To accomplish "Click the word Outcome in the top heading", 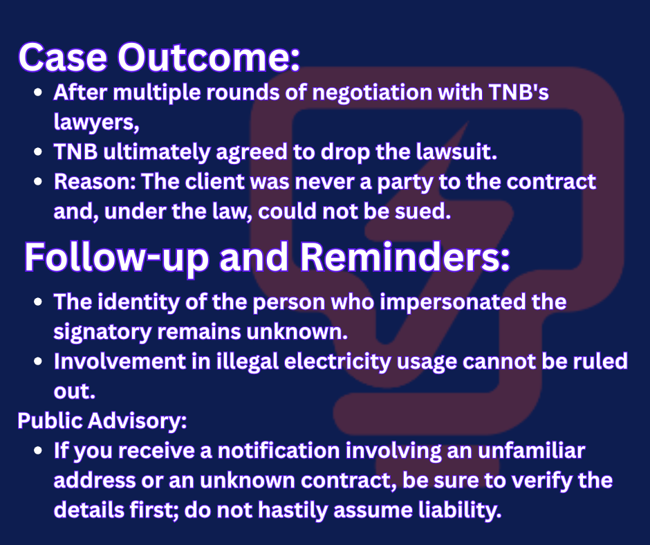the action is (209, 57).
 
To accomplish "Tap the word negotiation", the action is (372, 93).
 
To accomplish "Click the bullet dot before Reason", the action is (38, 182).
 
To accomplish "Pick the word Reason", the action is (95, 182).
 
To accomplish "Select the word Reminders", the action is (405, 257).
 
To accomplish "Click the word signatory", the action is (102, 333).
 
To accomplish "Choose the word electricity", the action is (337, 362).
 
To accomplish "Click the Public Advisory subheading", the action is (102, 421).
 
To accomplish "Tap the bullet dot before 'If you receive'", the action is (38, 450).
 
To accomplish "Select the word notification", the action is (279, 451).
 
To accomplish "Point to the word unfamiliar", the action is (532, 451).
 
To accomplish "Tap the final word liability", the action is (460, 510).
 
